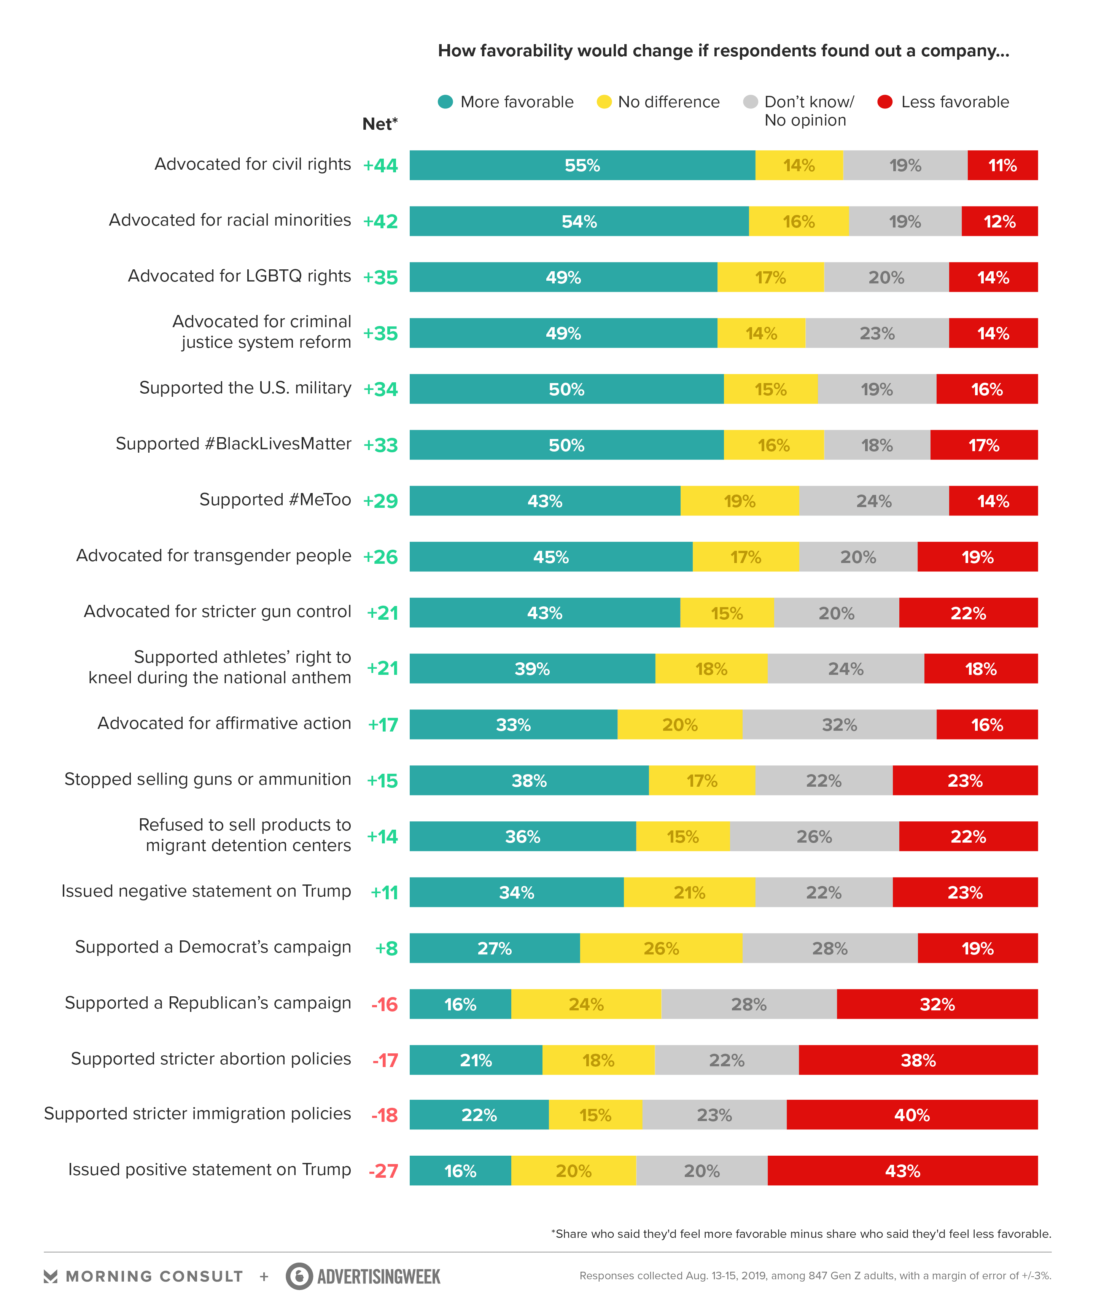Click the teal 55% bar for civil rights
click(582, 165)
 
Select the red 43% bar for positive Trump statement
click(902, 1171)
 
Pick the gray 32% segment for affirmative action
click(839, 724)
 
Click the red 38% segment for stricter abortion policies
click(918, 1060)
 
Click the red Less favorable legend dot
click(885, 102)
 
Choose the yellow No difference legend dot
click(604, 102)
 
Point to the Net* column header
click(380, 124)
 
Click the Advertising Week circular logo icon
click(299, 1276)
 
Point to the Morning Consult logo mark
click(51, 1277)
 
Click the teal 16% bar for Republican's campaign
click(460, 1004)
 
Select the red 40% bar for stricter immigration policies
click(911, 1115)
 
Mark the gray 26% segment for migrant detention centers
click(814, 836)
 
